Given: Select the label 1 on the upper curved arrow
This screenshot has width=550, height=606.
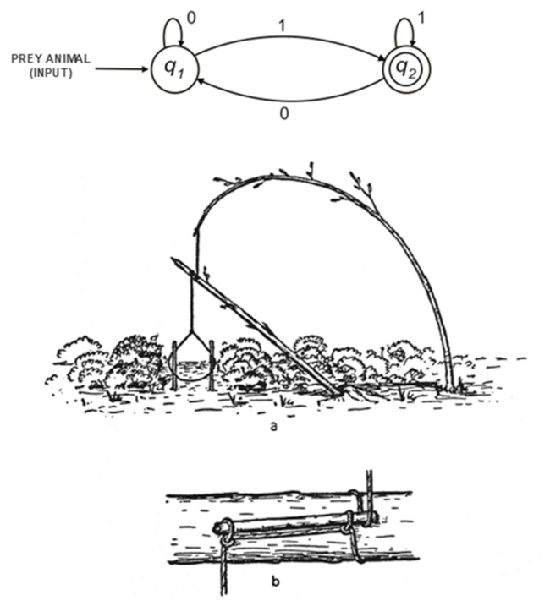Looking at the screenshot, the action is (282, 26).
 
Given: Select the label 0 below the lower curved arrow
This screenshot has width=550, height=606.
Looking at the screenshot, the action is (284, 113).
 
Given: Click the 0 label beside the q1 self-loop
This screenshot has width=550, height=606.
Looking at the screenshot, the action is (191, 18).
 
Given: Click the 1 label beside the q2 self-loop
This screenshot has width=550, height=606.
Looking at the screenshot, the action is (422, 18).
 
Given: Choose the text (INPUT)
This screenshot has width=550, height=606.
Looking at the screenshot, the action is (51, 73).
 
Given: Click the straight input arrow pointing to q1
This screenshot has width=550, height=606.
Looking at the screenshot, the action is (122, 69).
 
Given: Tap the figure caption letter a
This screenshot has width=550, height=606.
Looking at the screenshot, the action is (274, 426).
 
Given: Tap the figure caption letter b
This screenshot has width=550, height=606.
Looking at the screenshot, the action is (275, 581).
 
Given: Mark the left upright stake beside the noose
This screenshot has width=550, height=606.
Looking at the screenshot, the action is (175, 365).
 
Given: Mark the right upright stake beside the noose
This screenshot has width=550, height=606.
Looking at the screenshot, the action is (212, 365).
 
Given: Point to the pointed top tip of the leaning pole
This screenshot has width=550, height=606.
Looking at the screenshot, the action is (172, 258).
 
